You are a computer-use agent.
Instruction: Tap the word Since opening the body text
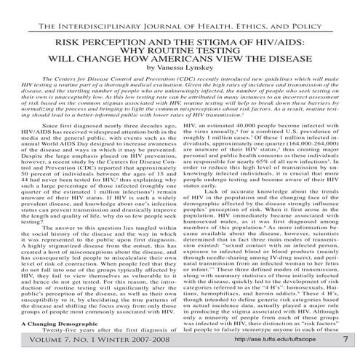click(x=53, y=125)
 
